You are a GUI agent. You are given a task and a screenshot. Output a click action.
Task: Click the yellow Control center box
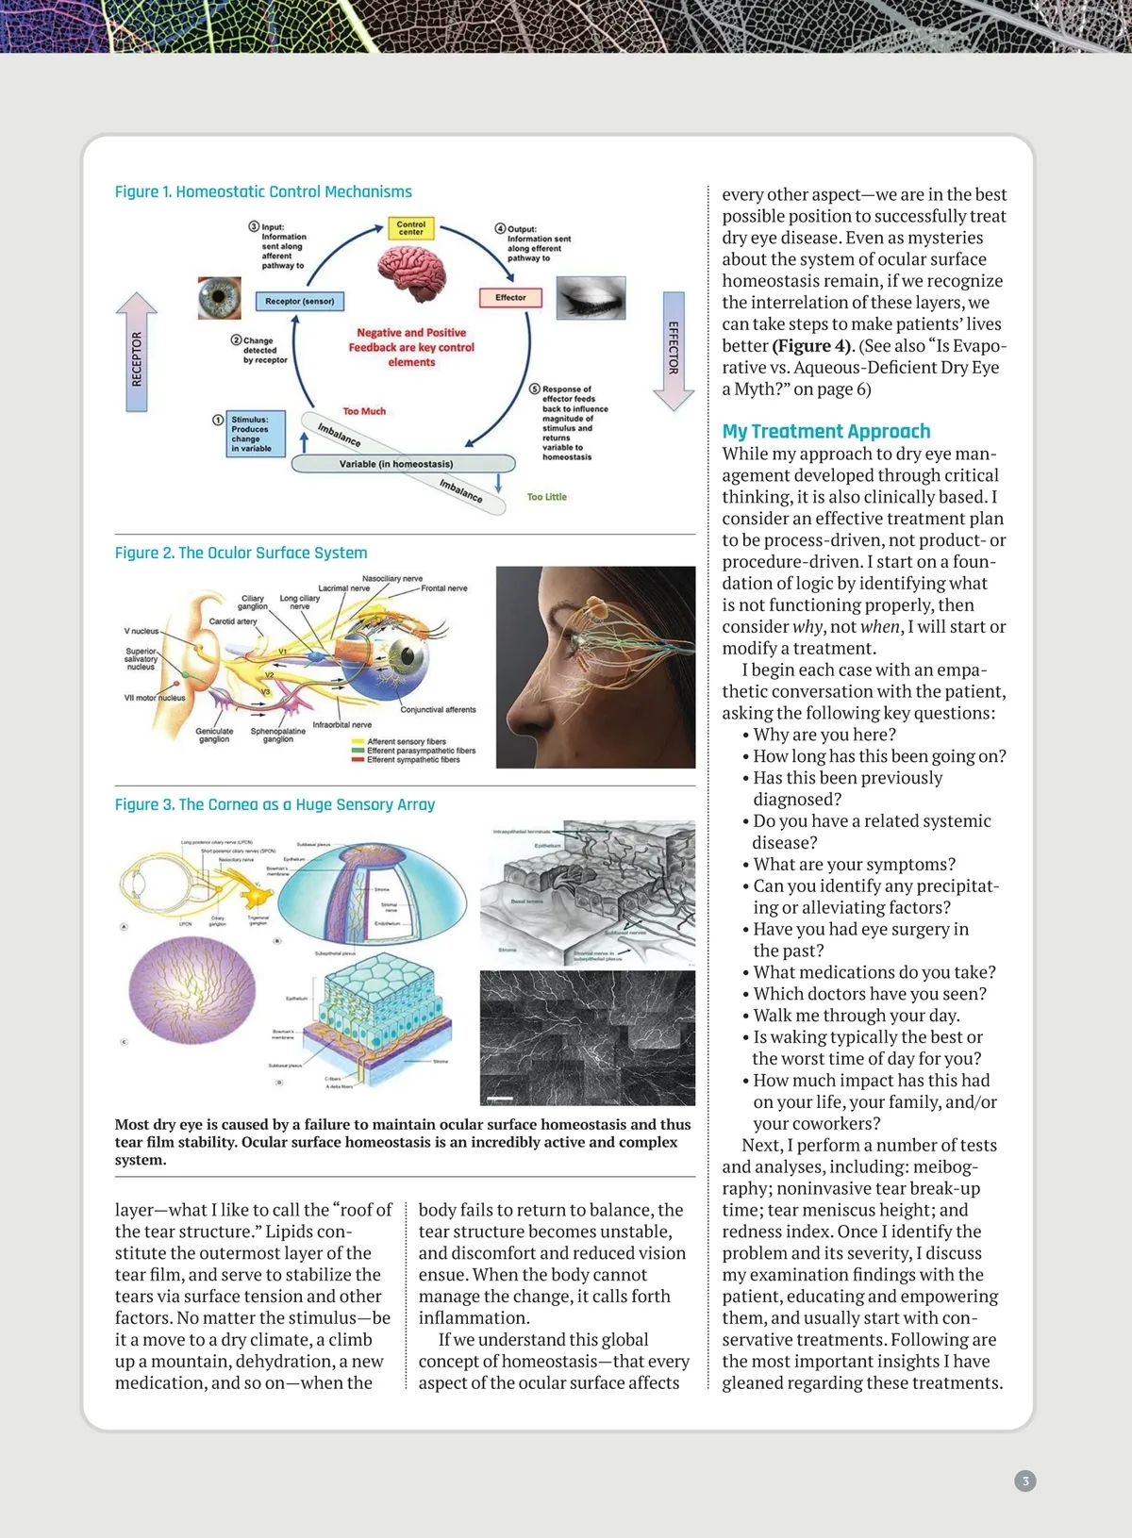411,228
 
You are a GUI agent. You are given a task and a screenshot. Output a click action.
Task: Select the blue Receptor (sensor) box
300,301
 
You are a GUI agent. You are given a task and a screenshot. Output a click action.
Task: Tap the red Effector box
510,298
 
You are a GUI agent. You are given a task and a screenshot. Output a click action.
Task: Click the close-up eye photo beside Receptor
220,298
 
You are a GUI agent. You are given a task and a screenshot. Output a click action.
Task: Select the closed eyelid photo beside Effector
591,298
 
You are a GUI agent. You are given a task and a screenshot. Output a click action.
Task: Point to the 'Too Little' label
547,497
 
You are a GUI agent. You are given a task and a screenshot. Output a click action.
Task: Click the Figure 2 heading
241,553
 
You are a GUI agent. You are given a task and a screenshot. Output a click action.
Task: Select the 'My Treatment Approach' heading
825,431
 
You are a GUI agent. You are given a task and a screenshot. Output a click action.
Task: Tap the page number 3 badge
1024,1480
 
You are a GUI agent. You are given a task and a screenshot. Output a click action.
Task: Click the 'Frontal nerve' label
444,588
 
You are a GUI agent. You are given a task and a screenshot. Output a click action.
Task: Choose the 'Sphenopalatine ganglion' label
278,735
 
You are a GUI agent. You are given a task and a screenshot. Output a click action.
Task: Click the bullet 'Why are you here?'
824,735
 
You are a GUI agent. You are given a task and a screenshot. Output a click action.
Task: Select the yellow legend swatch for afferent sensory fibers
358,742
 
